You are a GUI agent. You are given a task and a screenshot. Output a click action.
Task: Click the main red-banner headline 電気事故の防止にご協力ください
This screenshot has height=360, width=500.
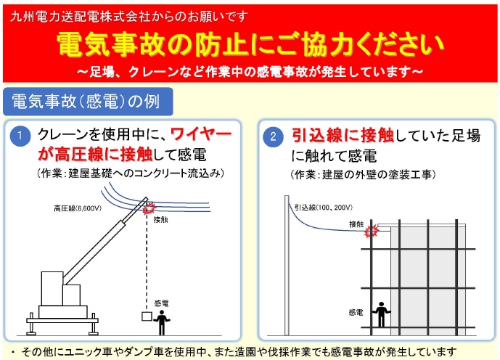coord(250,45)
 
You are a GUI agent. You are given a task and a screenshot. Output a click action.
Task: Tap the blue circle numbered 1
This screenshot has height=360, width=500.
coord(22,136)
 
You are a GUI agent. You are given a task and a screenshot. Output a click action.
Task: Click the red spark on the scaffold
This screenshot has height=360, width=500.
coord(372,232)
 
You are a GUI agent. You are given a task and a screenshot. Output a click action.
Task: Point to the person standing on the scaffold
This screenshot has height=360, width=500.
coord(380,314)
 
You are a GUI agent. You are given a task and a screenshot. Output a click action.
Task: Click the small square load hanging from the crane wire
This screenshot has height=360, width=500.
coord(147,316)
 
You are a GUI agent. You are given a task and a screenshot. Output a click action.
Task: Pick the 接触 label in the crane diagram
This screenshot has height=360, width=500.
coord(161,218)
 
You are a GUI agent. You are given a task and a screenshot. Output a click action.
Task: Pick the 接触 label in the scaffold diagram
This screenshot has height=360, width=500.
coord(356,224)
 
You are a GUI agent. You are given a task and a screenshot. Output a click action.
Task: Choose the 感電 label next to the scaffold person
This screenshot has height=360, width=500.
coord(356,312)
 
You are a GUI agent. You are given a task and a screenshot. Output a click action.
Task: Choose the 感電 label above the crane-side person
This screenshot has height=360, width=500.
coord(161,304)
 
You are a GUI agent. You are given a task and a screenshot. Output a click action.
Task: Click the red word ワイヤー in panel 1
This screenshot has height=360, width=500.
coord(201,135)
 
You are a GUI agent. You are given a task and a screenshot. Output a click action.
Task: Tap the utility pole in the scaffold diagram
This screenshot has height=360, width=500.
coord(289,269)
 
